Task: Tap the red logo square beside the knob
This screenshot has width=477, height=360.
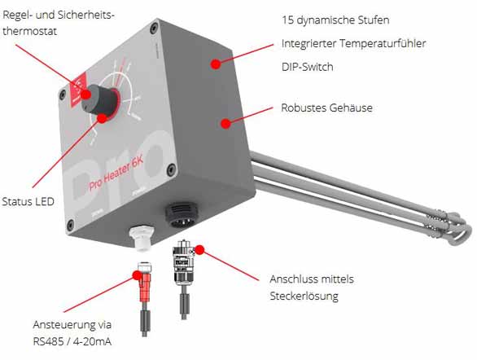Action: [x=80, y=85]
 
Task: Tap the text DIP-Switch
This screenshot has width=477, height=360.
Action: [x=307, y=65]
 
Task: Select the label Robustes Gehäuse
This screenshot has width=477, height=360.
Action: [x=326, y=108]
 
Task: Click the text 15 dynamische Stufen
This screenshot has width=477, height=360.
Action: [x=335, y=19]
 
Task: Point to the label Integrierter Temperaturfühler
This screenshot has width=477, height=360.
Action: [x=354, y=42]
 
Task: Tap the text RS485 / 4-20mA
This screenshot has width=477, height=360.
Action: [x=73, y=339]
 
